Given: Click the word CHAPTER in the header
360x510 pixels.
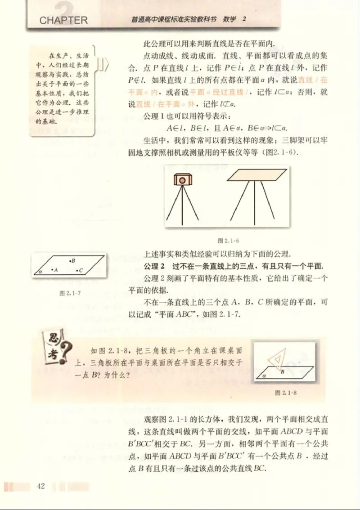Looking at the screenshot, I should (x=63, y=20).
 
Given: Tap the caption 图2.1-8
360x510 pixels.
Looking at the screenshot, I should (x=286, y=392).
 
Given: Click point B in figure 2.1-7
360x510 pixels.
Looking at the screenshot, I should (x=70, y=261).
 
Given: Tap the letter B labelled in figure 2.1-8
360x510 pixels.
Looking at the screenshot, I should (x=283, y=372).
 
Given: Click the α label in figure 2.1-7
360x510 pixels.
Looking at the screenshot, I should (x=40, y=272).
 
